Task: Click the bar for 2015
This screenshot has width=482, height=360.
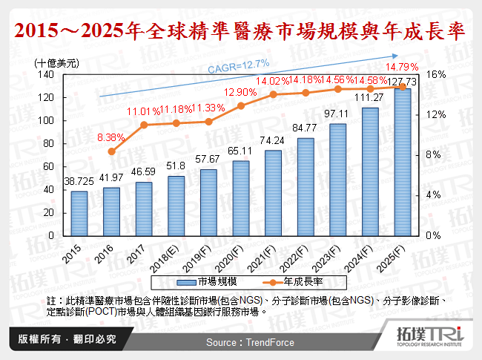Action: tap(79, 213)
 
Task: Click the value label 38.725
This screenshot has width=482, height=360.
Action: tap(79, 181)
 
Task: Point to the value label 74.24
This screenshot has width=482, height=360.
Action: tap(273, 140)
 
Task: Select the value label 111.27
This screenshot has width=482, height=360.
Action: tap(370, 96)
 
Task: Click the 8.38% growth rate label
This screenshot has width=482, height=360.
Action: tap(112, 137)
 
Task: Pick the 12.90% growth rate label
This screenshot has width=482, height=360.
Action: tap(241, 91)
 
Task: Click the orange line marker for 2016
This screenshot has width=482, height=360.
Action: tap(112, 151)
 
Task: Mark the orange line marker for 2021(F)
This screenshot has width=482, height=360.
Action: tap(274, 94)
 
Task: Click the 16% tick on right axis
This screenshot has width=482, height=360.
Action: tap(436, 75)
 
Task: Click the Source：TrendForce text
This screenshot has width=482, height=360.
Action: tap(250, 342)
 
